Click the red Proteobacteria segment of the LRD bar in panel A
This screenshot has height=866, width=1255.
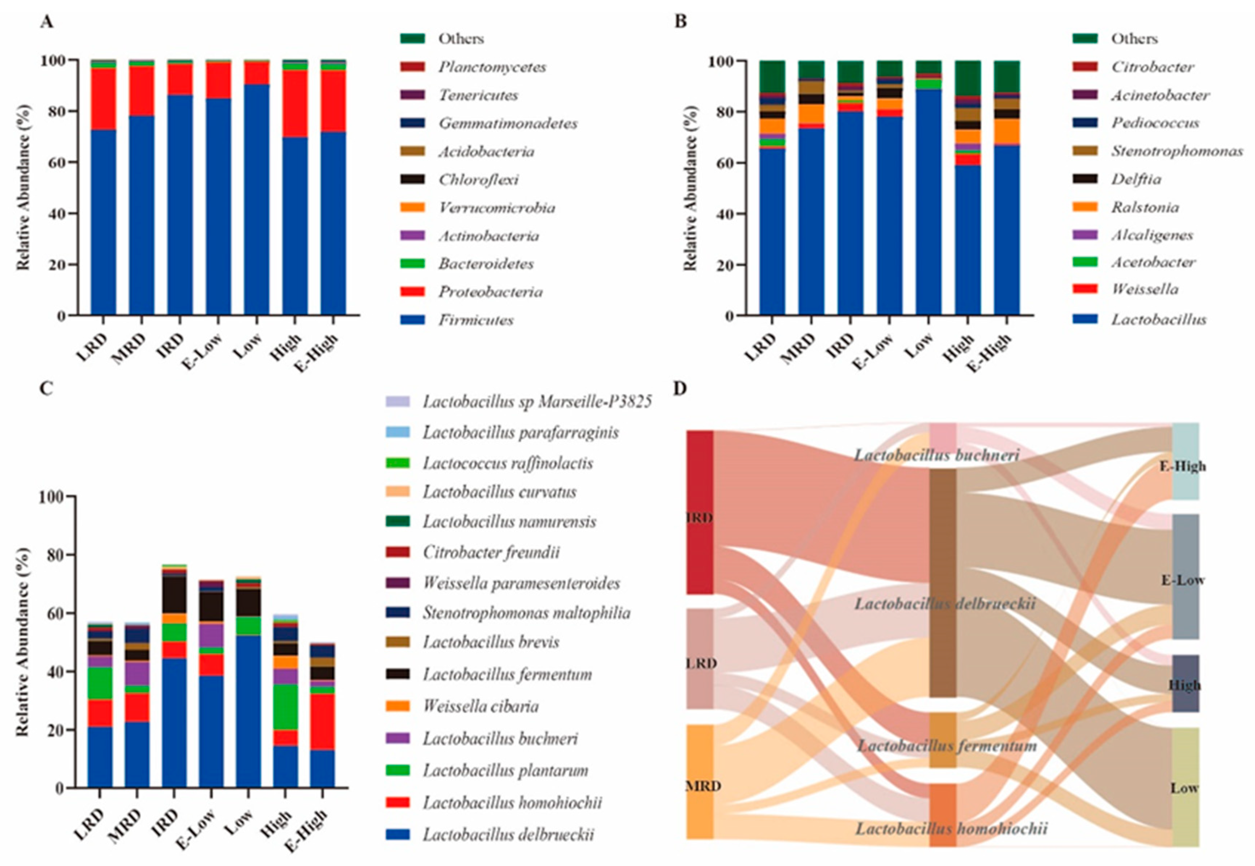pyautogui.click(x=103, y=99)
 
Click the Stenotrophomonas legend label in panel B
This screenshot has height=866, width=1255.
pyautogui.click(x=1176, y=151)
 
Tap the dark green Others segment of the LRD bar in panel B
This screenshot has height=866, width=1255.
pyautogui.click(x=772, y=76)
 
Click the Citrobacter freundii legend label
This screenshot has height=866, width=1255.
pyautogui.click(x=491, y=552)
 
